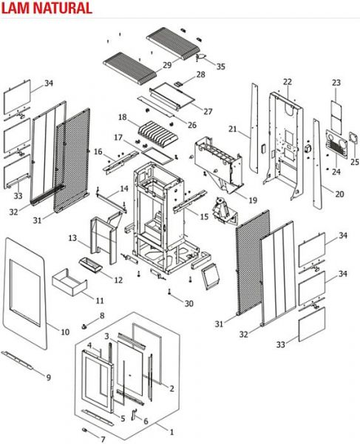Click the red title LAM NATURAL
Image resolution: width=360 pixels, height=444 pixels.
47,8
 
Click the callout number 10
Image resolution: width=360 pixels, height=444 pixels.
65,332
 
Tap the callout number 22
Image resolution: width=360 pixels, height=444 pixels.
288,82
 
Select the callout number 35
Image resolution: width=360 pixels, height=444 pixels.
221,67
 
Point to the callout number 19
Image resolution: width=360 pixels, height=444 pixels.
253,201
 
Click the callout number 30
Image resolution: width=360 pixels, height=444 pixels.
189,303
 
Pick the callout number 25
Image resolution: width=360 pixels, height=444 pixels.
355,162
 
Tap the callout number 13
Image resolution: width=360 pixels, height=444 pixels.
72,238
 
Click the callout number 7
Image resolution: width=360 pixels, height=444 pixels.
103,439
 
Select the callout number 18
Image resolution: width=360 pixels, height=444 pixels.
123,117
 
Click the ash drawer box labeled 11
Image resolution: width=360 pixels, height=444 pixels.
69,283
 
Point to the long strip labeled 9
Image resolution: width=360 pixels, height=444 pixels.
17,360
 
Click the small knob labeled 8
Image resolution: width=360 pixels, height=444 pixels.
84,326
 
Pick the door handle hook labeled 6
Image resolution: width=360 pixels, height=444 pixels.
134,414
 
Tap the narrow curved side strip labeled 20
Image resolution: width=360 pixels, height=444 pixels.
318,164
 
